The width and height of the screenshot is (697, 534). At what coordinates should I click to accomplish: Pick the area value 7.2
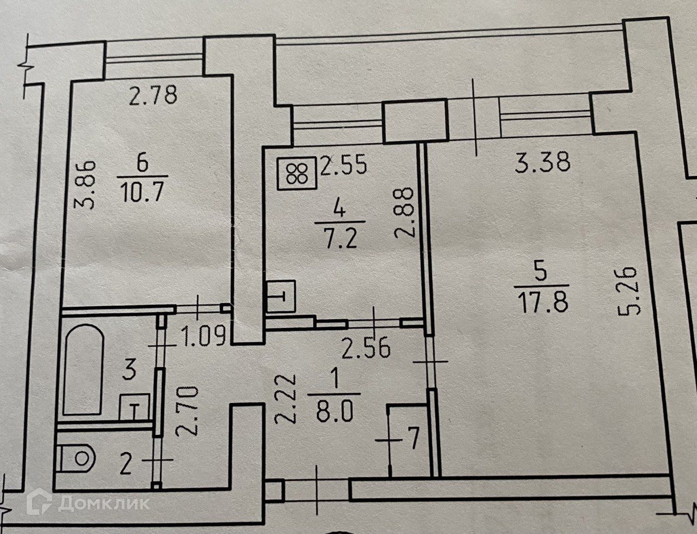point(338,238)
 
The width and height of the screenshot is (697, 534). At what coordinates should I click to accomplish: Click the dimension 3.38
point(543,162)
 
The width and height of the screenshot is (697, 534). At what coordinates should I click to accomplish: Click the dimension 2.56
point(366,348)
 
